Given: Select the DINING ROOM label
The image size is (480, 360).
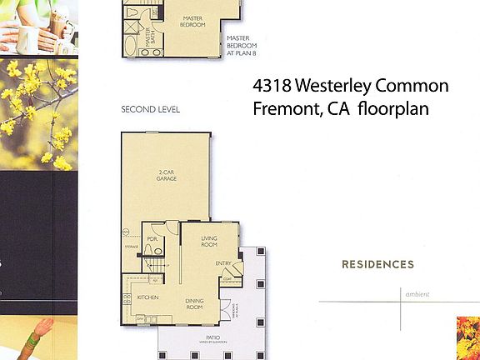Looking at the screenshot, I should point(194,305).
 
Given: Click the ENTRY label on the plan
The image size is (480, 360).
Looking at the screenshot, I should point(223,264).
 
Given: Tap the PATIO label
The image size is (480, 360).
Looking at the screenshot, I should point(213,337).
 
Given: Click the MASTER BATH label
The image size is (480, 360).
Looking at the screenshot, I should point(150,37).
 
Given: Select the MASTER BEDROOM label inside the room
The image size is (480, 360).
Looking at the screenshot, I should point(194,20).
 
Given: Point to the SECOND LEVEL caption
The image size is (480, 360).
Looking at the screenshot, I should point(150,109).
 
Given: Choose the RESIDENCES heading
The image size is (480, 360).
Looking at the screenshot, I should point(377,265).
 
